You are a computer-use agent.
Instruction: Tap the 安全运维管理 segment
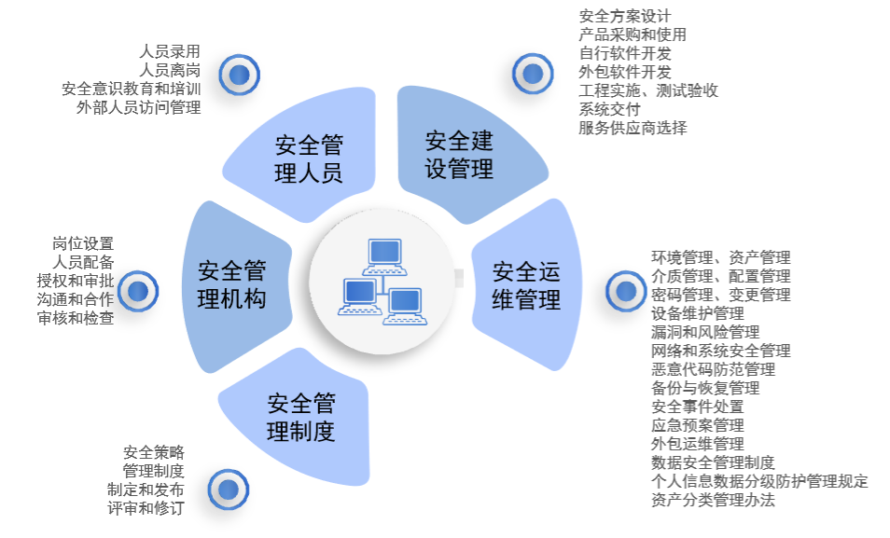(x=528, y=285)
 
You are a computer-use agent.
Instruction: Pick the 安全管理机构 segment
(x=233, y=285)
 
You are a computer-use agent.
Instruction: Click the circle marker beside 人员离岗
(x=240, y=75)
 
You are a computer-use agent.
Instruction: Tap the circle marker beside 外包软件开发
(x=532, y=73)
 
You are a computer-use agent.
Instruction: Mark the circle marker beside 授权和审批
(x=138, y=291)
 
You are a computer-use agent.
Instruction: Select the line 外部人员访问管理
(x=138, y=107)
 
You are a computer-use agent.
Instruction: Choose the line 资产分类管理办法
(x=713, y=500)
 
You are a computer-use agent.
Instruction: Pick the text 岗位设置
(x=83, y=243)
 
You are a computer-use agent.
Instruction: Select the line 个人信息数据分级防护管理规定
(x=759, y=481)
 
